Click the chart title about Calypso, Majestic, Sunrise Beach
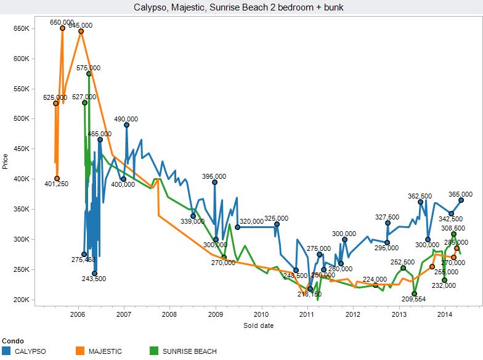241,8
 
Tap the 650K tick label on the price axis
22,29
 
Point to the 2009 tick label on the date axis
216,314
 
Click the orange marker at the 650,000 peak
63,28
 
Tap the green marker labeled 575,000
89,74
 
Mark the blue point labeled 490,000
127,125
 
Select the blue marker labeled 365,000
461,200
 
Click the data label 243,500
94,279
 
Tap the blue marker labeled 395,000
215,182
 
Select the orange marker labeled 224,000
376,285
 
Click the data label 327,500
388,217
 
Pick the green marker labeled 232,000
445,280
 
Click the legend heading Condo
14,340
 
